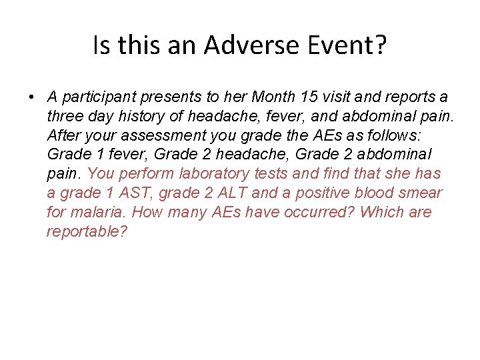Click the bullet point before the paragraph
tap(31, 97)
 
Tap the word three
tap(65, 116)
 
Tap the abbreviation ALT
tap(231, 193)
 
